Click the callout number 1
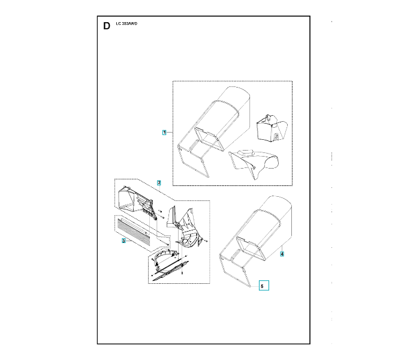click(x=164, y=131)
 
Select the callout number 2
click(x=159, y=182)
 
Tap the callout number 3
click(x=123, y=241)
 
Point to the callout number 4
click(x=282, y=254)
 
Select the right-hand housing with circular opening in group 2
click(x=186, y=228)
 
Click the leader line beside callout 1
click(x=170, y=131)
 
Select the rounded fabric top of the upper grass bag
click(x=237, y=99)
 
